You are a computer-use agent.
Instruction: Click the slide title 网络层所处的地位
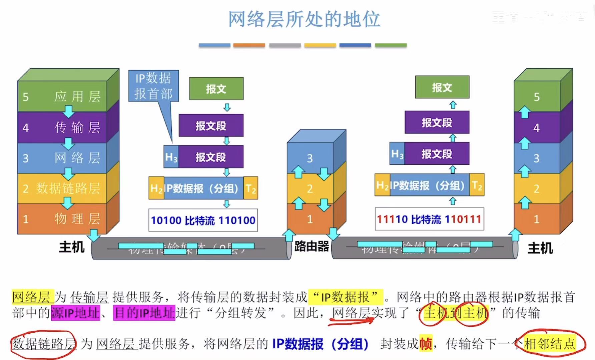[304, 19]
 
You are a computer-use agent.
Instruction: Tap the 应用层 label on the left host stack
[77, 97]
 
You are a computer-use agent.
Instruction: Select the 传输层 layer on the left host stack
[77, 127]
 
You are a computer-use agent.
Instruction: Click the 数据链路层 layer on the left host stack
[68, 189]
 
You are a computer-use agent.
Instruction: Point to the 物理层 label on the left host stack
[77, 219]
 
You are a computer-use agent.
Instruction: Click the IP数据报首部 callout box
[153, 86]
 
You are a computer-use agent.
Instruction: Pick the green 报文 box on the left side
[216, 89]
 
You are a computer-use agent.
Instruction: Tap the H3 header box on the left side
[171, 157]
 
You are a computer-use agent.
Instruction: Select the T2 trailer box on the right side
[477, 185]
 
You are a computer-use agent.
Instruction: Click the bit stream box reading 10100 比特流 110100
[203, 220]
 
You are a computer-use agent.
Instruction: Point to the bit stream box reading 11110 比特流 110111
[429, 219]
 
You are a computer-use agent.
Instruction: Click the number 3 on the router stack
[310, 158]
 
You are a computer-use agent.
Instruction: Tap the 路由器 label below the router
[312, 247]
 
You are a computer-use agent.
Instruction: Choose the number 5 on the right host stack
[537, 97]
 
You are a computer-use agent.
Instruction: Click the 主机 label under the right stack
[540, 248]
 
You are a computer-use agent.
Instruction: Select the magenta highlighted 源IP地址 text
[75, 313]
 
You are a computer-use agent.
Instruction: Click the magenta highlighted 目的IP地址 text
[144, 313]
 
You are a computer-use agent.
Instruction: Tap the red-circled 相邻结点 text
[550, 343]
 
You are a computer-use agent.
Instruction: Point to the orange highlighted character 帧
[426, 343]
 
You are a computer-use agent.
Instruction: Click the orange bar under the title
[249, 45]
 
